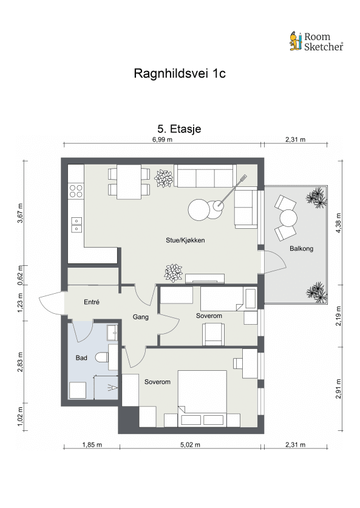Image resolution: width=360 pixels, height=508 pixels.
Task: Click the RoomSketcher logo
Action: click(x=316, y=41)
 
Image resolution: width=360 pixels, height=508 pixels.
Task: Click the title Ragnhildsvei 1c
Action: click(x=180, y=73)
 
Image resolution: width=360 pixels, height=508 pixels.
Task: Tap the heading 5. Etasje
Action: click(x=179, y=129)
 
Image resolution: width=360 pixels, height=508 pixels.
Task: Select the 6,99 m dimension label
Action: click(x=162, y=140)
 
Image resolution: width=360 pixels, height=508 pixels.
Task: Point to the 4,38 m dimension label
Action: click(x=339, y=223)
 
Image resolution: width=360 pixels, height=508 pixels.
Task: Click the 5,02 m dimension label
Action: click(x=190, y=445)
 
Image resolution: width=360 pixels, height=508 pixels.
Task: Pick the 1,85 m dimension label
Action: click(x=92, y=445)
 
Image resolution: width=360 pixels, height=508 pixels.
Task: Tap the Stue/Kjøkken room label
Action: click(x=185, y=240)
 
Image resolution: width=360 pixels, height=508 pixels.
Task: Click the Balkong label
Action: click(x=301, y=248)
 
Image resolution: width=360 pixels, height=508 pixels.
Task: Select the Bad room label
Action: click(x=81, y=357)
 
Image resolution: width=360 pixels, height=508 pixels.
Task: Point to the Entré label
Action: click(x=92, y=302)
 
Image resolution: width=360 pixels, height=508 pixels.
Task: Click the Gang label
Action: click(x=141, y=317)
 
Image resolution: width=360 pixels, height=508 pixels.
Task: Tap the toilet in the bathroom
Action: click(x=102, y=357)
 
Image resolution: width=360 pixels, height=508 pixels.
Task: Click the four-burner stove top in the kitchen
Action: click(x=76, y=191)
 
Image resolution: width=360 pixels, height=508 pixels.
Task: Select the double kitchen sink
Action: click(x=76, y=225)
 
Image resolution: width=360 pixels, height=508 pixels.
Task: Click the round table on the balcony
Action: click(x=288, y=218)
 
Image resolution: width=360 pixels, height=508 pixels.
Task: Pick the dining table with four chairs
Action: click(x=129, y=182)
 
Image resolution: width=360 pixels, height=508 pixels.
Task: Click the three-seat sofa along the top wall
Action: click(x=205, y=176)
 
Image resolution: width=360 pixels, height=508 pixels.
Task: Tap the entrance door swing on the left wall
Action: click(x=51, y=303)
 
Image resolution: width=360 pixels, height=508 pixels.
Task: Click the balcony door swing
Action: click(x=274, y=262)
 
